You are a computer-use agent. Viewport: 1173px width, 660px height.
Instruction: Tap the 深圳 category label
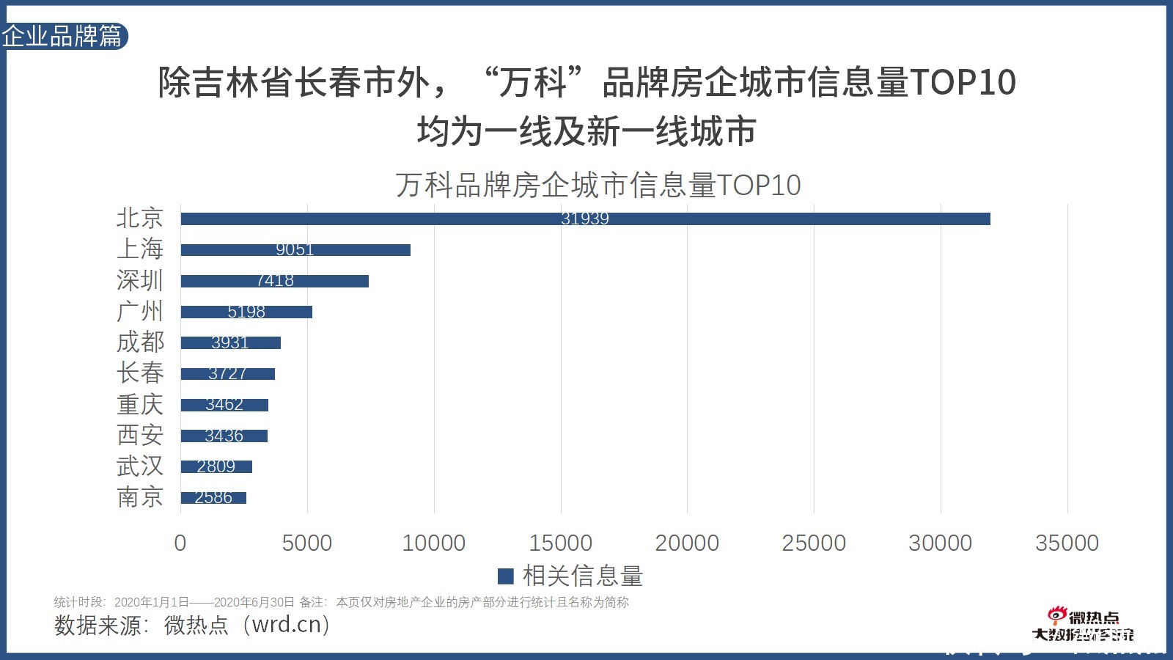point(139,280)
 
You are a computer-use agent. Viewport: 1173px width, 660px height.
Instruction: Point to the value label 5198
point(246,312)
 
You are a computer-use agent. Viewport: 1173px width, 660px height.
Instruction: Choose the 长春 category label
point(139,373)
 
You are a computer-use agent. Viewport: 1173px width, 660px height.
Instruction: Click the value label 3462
point(224,405)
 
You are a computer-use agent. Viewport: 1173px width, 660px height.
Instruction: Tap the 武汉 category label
point(139,466)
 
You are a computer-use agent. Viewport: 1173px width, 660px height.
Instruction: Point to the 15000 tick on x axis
point(560,543)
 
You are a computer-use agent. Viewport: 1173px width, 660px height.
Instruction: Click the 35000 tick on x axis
point(1067,543)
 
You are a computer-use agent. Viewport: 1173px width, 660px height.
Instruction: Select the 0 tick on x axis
point(180,543)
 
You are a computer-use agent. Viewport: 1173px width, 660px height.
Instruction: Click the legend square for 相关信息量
point(505,576)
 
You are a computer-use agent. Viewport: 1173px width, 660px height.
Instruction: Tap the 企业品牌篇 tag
point(63,36)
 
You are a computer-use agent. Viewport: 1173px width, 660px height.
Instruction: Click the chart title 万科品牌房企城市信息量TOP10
point(597,185)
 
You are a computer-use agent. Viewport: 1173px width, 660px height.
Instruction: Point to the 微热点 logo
point(1084,625)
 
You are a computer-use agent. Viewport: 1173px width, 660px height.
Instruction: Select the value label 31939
point(584,219)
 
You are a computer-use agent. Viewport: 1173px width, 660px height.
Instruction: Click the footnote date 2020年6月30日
point(254,602)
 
